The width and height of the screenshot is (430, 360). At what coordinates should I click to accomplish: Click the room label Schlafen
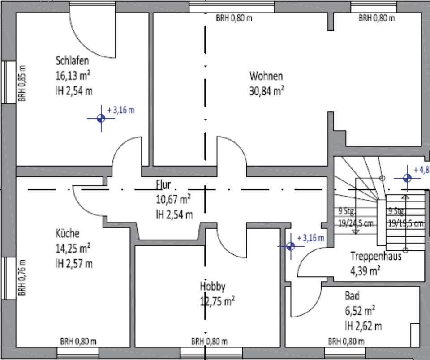72,60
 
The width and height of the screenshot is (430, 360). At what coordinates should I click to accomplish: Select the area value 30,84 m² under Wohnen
267,91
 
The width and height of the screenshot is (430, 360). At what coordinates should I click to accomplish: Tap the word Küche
68,233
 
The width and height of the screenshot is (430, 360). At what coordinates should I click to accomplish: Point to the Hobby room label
213,287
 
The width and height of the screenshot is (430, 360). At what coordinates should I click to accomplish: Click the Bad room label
352,296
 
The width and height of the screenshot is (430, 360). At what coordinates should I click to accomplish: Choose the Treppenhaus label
375,257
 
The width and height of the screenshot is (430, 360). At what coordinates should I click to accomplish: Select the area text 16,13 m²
74,75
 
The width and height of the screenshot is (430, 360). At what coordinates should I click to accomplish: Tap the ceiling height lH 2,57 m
74,263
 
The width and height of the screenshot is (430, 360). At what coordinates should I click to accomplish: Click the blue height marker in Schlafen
101,118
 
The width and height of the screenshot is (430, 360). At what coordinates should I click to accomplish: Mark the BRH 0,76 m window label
21,277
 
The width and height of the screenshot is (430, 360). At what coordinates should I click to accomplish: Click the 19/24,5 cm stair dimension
355,224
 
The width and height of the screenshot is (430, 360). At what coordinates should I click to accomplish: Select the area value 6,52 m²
360,310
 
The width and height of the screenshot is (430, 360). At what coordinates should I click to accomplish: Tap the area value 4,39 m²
365,270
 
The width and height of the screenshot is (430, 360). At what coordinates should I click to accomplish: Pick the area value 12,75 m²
218,301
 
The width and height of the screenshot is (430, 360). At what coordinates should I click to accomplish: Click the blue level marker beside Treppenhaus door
290,246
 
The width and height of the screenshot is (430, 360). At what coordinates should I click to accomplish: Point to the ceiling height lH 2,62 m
363,325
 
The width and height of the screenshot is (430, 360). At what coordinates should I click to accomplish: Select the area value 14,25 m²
73,248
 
